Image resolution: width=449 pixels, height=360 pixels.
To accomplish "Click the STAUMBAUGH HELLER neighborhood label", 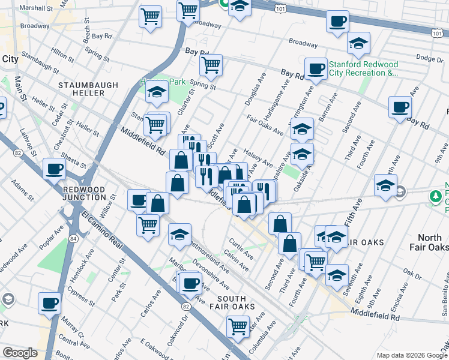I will point(88,90).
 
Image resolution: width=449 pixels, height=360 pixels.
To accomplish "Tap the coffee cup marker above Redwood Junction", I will point(54,169).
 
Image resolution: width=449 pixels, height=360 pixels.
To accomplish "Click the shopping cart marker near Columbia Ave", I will point(238,326).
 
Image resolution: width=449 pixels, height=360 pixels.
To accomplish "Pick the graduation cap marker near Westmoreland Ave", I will point(179,235).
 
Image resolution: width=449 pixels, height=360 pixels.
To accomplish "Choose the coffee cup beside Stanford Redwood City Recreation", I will point(316,68).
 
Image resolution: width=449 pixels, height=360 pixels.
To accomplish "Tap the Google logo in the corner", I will point(20,353).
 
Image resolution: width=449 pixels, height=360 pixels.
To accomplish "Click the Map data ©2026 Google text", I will point(411,355).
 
